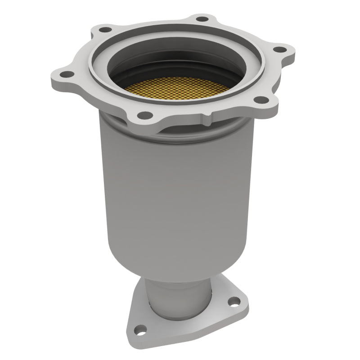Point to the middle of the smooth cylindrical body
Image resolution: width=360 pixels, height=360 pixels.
pos(175,189)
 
